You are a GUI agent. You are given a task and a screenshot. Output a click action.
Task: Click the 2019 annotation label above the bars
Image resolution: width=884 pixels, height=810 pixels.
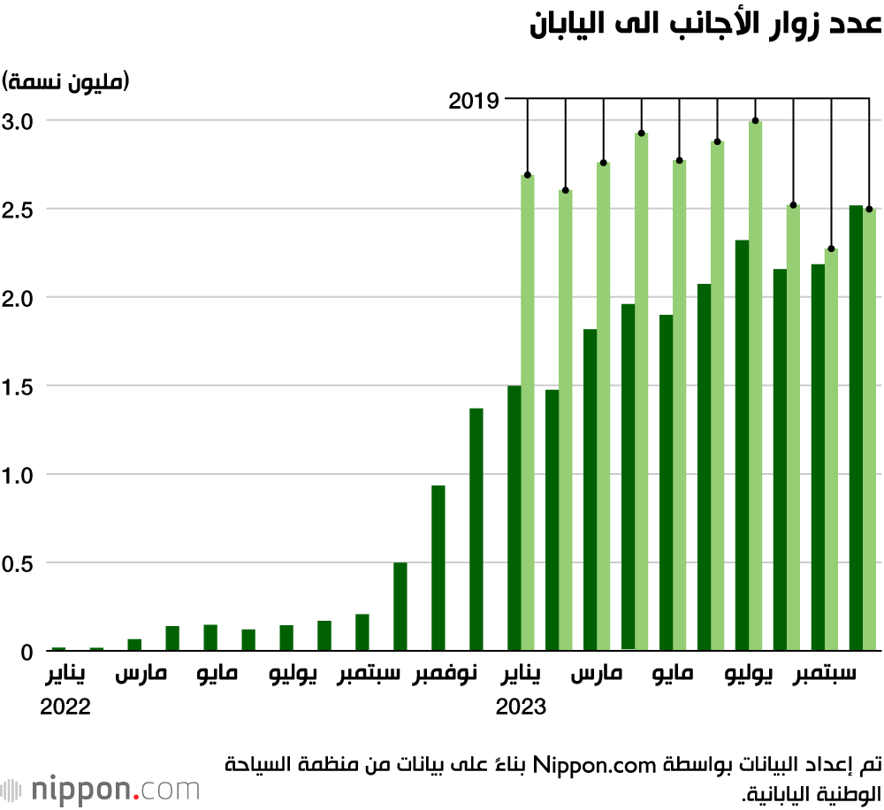474,100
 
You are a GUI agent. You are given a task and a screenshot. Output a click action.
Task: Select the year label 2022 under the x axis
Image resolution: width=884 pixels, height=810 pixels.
65,707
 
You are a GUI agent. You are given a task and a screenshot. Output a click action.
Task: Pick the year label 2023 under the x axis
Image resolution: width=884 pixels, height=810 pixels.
521,707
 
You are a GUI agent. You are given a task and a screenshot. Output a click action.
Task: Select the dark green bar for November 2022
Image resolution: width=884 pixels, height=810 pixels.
438,569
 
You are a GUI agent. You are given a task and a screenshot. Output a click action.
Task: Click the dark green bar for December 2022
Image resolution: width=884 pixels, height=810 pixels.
476,530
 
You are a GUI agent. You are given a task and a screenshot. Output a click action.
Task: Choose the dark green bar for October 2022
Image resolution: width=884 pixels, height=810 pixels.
400,607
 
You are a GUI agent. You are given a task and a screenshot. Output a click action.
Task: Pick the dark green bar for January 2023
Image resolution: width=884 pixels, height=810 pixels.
514,518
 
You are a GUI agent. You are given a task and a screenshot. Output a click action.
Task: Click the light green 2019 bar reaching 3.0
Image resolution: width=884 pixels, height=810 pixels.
755,386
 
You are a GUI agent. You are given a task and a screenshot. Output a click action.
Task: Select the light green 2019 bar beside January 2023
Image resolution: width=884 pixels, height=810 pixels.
528,413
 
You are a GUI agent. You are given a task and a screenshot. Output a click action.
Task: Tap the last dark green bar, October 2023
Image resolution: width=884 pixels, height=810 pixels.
856,428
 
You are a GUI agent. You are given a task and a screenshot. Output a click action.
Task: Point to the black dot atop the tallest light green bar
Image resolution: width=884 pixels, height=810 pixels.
755,120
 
